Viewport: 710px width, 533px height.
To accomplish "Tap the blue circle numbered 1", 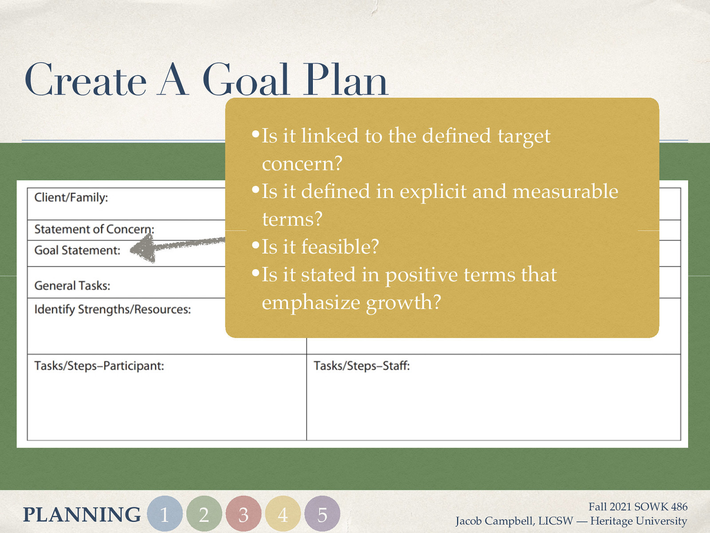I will pyautogui.click(x=165, y=514).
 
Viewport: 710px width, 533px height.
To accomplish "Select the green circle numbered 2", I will pyautogui.click(x=204, y=514).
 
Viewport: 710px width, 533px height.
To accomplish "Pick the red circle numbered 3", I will pyautogui.click(x=243, y=514).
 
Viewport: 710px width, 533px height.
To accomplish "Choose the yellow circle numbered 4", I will pyautogui.click(x=283, y=514).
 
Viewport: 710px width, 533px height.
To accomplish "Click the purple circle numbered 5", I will pyautogui.click(x=322, y=514).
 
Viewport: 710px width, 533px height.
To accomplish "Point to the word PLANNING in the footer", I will pyautogui.click(x=82, y=514).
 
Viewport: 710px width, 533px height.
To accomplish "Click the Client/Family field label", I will pyautogui.click(x=71, y=197).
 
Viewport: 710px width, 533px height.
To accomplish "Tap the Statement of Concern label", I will pyautogui.click(x=94, y=229).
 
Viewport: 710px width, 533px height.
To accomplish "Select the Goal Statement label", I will pyautogui.click(x=77, y=251).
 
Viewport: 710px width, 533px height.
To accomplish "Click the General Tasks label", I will pyautogui.click(x=72, y=286).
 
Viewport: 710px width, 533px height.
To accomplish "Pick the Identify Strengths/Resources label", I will pyautogui.click(x=112, y=309).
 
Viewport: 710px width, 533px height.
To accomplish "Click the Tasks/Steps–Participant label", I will pyautogui.click(x=99, y=366).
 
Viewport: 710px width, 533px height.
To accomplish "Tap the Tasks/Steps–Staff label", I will pyautogui.click(x=361, y=366).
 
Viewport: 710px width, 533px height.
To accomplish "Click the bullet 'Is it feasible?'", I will pyautogui.click(x=319, y=247).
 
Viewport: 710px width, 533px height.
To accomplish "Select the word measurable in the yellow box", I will pyautogui.click(x=565, y=191).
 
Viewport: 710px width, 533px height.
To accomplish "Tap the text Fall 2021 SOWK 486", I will pyautogui.click(x=638, y=507).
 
